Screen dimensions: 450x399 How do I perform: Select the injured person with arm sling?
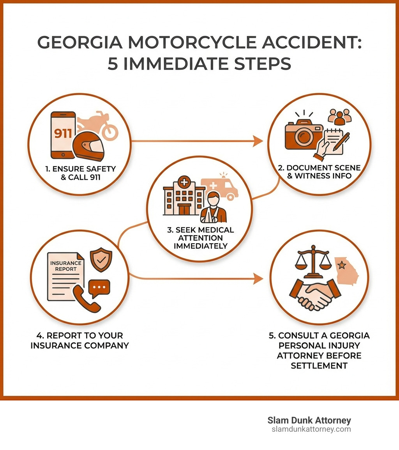[x=213, y=207]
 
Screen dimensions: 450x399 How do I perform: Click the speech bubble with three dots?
[x=99, y=287]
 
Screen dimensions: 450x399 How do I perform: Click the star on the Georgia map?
[x=343, y=266]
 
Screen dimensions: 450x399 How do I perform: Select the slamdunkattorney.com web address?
[x=311, y=429]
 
